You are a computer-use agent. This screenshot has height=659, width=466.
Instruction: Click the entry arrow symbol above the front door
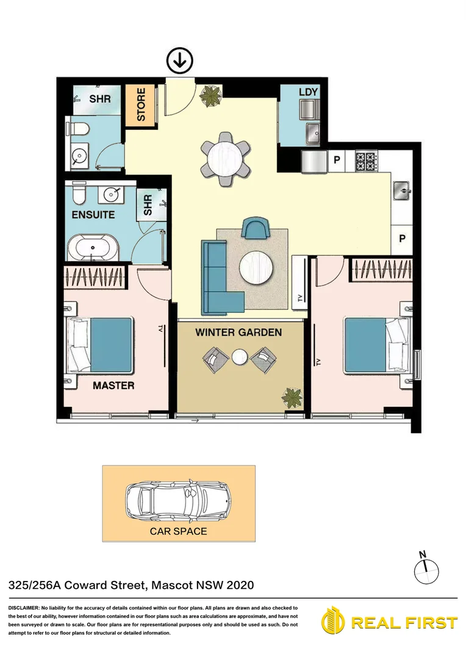coord(180,60)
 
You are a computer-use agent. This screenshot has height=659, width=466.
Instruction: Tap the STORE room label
coord(141,105)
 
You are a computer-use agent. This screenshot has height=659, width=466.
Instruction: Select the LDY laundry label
coord(308,92)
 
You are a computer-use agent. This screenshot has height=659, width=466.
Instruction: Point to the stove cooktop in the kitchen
coord(367,161)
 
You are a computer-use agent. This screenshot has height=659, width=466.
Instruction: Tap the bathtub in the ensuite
coord(93,248)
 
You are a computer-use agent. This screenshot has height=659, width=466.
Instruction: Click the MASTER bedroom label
coord(113,386)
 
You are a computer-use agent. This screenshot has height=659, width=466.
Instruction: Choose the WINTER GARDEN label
coord(238,333)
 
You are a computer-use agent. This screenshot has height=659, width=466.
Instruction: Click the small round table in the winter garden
coord(239,356)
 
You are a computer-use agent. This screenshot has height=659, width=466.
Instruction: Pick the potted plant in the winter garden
coord(292,398)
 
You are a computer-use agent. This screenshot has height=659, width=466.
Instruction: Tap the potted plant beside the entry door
coord(212,95)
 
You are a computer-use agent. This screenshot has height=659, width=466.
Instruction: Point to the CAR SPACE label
coord(178,531)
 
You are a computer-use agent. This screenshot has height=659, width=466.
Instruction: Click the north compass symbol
coord(426,569)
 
